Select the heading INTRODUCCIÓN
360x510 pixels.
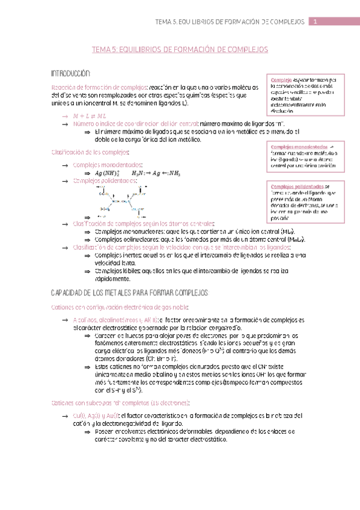tap(72, 73)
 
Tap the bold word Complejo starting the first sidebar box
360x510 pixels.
tap(281, 81)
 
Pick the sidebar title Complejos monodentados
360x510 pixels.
tap(299, 147)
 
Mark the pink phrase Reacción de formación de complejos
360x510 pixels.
tap(96, 87)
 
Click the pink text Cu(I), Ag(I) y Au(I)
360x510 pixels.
tap(99, 416)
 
